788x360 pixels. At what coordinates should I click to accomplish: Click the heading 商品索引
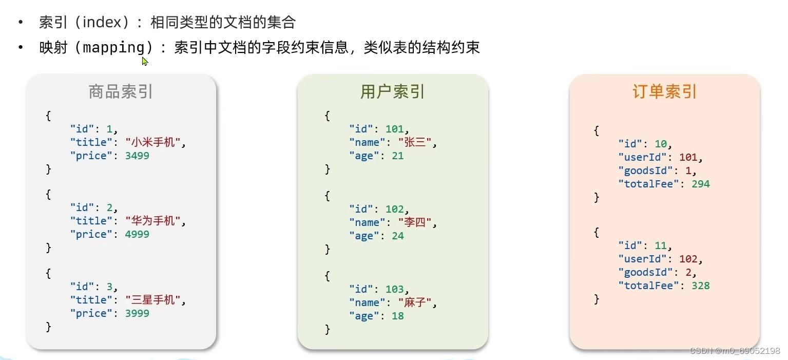tap(121, 92)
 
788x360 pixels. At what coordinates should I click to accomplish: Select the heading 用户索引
tap(393, 92)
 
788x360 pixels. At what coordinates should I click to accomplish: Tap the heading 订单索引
tap(664, 92)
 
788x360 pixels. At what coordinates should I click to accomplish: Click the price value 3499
tap(137, 156)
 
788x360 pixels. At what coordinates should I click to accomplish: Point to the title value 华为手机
tap(153, 221)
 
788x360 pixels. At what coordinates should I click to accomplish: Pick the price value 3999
tap(137, 313)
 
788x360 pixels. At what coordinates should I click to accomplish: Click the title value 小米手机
tap(153, 142)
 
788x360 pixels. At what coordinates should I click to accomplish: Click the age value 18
tap(397, 316)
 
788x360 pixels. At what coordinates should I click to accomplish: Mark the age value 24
tap(397, 236)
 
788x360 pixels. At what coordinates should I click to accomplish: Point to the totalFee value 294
tap(700, 184)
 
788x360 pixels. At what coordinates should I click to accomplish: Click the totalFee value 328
tap(700, 286)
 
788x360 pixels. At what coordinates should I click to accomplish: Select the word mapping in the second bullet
tap(114, 48)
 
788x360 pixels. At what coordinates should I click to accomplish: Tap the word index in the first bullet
tap(104, 23)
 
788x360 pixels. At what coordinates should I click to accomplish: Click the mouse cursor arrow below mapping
tap(145, 61)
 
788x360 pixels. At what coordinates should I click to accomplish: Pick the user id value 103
tap(394, 289)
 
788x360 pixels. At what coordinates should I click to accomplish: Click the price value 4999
tap(137, 234)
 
